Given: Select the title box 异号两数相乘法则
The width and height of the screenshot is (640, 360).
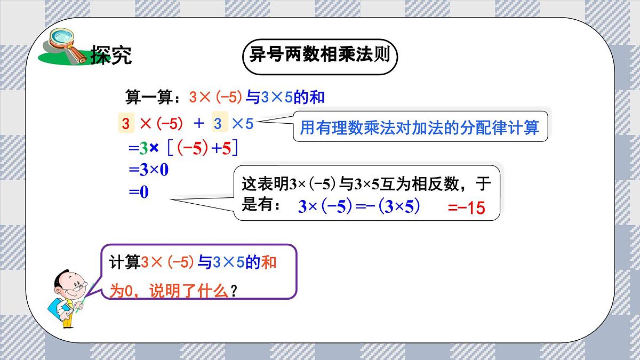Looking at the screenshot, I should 319,55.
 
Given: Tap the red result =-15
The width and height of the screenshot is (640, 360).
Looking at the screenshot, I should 467,208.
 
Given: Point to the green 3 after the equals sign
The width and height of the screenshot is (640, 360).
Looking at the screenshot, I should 143,149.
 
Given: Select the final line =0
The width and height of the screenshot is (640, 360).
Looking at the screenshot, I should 138,192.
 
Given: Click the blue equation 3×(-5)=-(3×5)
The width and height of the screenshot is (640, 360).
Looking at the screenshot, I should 359,206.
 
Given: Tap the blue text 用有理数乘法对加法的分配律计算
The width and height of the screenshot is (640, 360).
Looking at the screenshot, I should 420,128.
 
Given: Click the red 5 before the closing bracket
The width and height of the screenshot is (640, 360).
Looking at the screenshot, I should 227,149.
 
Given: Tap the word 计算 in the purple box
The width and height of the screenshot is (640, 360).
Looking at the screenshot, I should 124,262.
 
